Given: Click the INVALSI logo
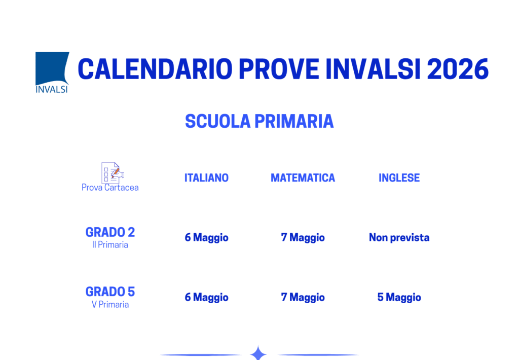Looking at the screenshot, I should pyautogui.click(x=52, y=72).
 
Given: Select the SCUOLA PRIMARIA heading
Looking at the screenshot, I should pyautogui.click(x=259, y=122).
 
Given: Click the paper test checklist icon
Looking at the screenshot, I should pyautogui.click(x=112, y=173).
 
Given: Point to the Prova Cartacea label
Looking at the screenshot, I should pyautogui.click(x=110, y=188).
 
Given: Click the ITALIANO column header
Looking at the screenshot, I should pyautogui.click(x=206, y=178).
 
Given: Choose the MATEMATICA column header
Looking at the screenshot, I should pyautogui.click(x=303, y=178).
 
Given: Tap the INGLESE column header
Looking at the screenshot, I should pyautogui.click(x=399, y=178).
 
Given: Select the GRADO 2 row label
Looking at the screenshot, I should pyautogui.click(x=110, y=232).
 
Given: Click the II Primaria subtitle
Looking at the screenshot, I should pyautogui.click(x=110, y=245).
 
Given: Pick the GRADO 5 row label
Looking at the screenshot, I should pyautogui.click(x=110, y=292).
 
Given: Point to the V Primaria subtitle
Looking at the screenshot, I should pyautogui.click(x=110, y=305).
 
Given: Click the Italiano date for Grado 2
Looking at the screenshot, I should pyautogui.click(x=206, y=238).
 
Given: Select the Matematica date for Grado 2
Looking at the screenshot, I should pyautogui.click(x=303, y=238).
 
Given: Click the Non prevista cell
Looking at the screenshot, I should pyautogui.click(x=399, y=238).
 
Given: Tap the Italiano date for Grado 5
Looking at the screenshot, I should pyautogui.click(x=206, y=298).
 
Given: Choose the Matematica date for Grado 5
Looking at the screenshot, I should pyautogui.click(x=303, y=298).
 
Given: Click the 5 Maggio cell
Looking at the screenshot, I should pyautogui.click(x=399, y=298).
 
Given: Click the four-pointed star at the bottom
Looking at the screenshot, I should pyautogui.click(x=258, y=353).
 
